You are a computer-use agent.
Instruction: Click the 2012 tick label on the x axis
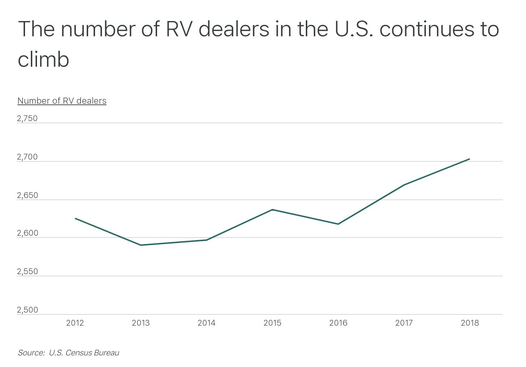[75, 323]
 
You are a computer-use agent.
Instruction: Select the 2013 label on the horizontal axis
[141, 323]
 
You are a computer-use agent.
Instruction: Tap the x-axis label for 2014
[206, 323]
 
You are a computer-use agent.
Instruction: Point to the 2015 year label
[272, 323]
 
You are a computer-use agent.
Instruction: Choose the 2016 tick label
[338, 323]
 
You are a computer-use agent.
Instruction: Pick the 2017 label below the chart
[404, 323]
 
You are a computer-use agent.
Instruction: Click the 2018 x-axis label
[470, 323]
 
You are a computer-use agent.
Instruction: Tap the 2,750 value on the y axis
[27, 119]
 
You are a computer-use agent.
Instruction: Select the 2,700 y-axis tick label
[27, 157]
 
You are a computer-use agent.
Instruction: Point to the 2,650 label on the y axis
[27, 195]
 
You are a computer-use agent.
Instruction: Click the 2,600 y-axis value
[27, 233]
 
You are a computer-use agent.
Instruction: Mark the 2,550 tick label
[27, 272]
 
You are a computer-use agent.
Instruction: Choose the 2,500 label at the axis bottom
[27, 310]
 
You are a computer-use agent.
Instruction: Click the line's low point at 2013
[141, 245]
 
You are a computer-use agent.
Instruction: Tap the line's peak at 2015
[272, 210]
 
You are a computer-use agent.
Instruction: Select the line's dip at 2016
[338, 224]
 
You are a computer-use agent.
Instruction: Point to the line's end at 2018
[469, 159]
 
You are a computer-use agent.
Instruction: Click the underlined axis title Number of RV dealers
[62, 101]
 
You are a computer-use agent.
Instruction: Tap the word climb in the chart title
[44, 59]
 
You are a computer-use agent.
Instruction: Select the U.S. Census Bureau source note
[69, 353]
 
